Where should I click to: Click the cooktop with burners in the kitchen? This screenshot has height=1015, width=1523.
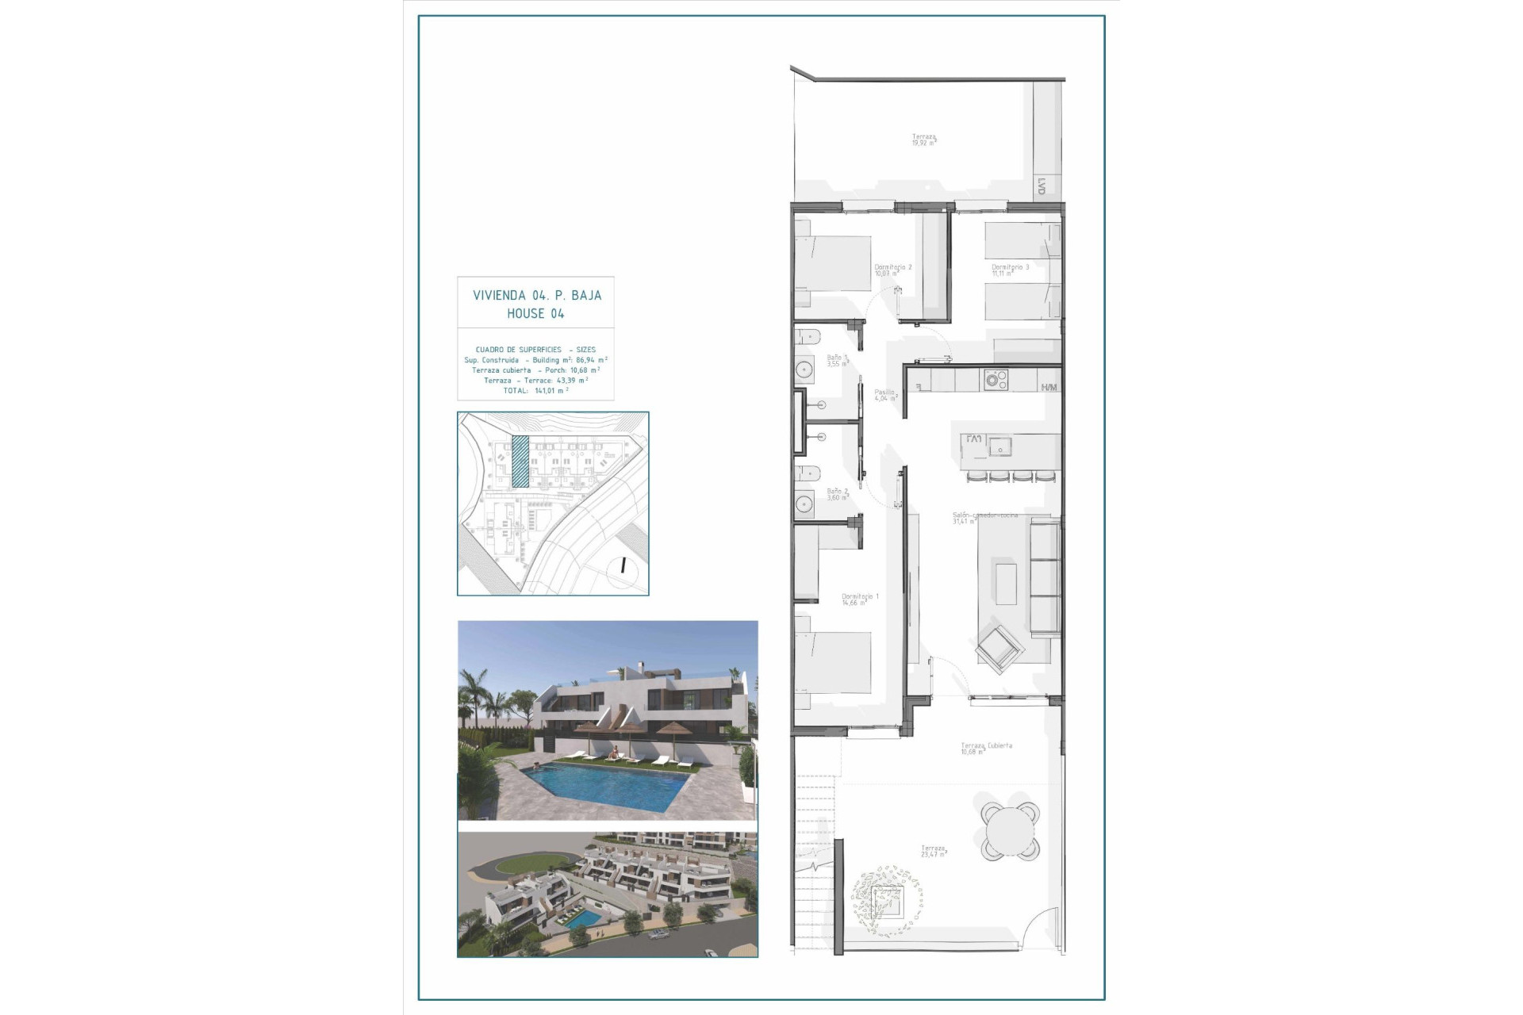click(x=996, y=380)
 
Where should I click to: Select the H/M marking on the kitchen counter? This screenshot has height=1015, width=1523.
click(x=1049, y=387)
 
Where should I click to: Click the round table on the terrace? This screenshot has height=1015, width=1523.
click(x=1010, y=831)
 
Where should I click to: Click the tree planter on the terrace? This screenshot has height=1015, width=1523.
click(x=887, y=901)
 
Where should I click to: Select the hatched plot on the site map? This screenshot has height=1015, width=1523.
click(x=520, y=462)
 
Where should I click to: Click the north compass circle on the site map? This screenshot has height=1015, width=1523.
click(x=623, y=566)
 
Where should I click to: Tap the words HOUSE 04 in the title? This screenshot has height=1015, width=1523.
click(x=535, y=313)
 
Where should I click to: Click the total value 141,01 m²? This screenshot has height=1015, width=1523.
click(x=551, y=390)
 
